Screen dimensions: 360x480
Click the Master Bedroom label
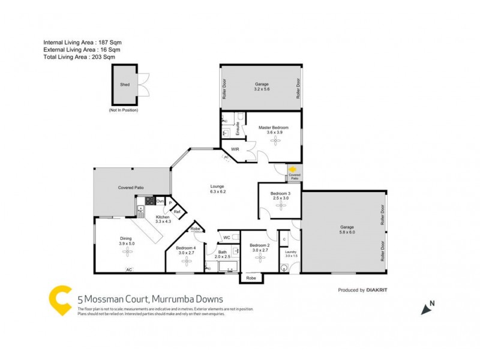coord(274,128)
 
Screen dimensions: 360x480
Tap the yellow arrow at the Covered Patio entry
coord(293,170)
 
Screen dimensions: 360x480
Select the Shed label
coord(125,85)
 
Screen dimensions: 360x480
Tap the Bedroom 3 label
coord(280,193)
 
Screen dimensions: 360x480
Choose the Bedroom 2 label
coord(259,245)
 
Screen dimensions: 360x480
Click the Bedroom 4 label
coord(187,248)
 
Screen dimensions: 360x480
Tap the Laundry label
coord(291,252)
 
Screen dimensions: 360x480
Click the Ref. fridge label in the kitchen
coord(177,212)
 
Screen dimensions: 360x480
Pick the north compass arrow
coord(427,308)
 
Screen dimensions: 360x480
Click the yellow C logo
coord(59,300)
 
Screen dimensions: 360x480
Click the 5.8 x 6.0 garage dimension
coord(346,232)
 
